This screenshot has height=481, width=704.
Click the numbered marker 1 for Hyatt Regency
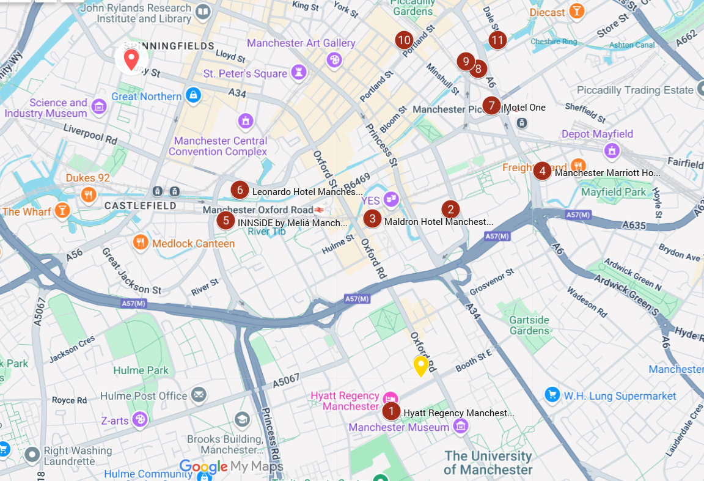pos(391,411)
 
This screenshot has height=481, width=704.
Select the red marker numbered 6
pos(240,190)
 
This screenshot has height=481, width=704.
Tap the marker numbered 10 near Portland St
pos(403,40)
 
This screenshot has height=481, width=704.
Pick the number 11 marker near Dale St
pos(497,40)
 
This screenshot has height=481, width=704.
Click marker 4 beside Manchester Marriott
pos(542,171)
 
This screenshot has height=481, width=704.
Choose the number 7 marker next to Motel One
pos(491,106)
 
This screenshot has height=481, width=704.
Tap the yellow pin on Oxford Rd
pos(420,365)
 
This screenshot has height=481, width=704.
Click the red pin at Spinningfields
pos(131,59)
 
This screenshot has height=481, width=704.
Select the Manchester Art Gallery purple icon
pos(334,59)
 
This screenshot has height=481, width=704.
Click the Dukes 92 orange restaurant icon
pos(89,195)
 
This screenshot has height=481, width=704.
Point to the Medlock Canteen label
pos(193,243)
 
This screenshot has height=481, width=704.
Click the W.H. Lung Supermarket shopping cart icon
pos(552,394)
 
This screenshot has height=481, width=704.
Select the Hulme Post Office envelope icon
pos(199,395)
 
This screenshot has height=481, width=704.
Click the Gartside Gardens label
pos(529,325)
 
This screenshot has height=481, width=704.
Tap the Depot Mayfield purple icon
pos(612,150)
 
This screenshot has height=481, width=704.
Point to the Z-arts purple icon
pos(140,419)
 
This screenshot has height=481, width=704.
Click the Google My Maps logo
pos(231,467)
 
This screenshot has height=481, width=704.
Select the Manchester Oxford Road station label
pos(258,210)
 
